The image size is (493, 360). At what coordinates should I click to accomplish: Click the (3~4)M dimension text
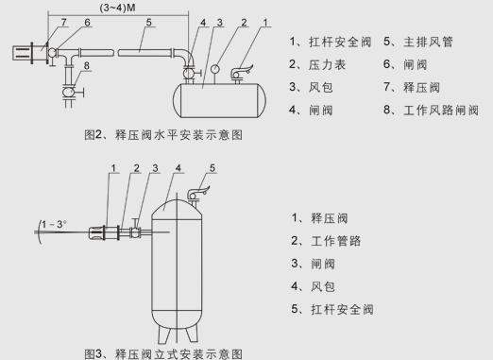118,8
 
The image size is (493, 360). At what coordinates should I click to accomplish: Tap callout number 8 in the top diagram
87,65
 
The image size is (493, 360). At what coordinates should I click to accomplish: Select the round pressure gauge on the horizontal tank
215,69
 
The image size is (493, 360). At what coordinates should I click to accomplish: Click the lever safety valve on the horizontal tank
241,73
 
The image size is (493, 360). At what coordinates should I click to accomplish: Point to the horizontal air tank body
219,100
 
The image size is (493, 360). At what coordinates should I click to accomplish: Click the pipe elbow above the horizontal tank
187,57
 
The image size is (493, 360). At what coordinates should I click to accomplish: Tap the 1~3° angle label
54,224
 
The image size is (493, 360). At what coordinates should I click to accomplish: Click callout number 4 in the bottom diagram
178,168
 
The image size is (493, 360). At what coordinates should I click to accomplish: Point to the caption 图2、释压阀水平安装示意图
163,135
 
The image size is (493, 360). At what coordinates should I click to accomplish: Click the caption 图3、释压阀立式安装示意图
163,354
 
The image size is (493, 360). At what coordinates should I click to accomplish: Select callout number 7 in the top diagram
64,23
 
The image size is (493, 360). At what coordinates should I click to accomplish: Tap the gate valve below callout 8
70,92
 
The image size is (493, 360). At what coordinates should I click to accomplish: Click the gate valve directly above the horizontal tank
190,74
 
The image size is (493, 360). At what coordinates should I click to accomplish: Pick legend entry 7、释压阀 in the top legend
412,87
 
